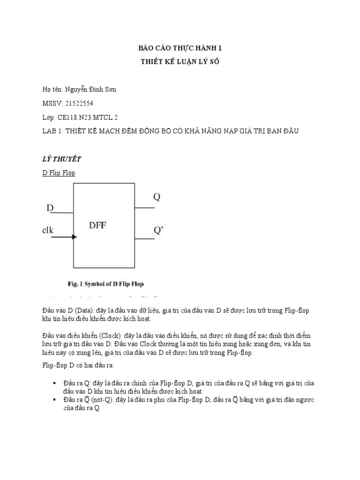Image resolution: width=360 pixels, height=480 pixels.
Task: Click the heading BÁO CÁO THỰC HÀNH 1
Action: pos(180,48)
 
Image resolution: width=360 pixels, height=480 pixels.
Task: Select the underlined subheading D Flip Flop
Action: pos(59,172)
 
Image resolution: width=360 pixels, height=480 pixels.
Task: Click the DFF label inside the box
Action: pos(98,225)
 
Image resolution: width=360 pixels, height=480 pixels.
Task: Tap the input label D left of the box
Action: pos(50,207)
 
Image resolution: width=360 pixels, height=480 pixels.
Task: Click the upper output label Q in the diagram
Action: pos(157,197)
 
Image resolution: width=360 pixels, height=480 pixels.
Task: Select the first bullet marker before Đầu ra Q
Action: pos(55,383)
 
